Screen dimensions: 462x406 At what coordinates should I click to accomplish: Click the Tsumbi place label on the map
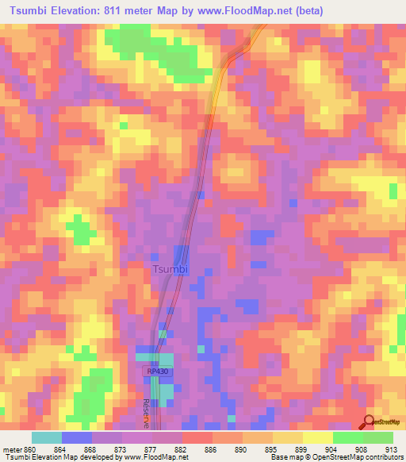pos(170,269)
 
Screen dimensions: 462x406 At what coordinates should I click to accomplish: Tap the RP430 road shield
pos(155,372)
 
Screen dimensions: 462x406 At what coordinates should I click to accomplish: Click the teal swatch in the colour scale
pos(47,437)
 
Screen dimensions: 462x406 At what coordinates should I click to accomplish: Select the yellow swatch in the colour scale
pos(317,437)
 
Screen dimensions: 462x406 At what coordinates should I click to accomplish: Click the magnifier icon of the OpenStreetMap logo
pos(368,422)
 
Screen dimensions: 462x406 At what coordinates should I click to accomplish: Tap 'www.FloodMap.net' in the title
pos(239,11)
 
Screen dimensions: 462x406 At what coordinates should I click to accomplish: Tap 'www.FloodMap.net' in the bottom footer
pos(157,456)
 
